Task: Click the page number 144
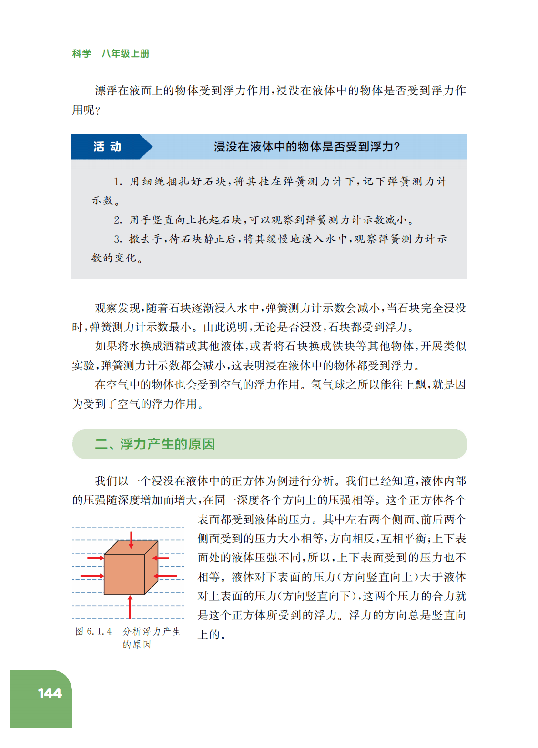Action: [50, 693]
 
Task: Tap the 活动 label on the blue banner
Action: [107, 147]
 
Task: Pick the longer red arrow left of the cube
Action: [92, 576]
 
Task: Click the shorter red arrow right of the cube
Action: [161, 558]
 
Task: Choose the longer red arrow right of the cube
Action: [166, 576]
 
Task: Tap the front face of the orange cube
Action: [124, 574]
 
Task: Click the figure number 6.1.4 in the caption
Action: [99, 631]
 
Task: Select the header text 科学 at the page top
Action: [81, 53]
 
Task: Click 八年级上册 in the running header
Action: [125, 53]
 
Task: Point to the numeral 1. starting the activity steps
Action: [118, 181]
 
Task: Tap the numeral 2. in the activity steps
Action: [118, 220]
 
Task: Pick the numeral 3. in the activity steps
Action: [118, 239]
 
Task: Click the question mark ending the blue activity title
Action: [397, 147]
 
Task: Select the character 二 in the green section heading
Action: [101, 444]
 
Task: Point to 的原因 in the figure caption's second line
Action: [137, 645]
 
